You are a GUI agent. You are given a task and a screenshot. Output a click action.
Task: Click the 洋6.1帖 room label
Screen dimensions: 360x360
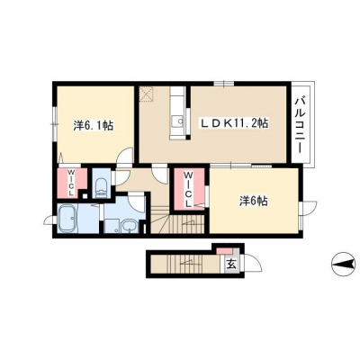click(94, 126)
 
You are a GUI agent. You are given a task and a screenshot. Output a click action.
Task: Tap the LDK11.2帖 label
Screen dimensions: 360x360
click(234, 122)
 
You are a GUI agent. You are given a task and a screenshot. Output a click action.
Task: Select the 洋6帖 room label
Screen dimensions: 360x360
click(254, 202)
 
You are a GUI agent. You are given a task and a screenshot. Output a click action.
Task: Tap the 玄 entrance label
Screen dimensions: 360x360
click(231, 264)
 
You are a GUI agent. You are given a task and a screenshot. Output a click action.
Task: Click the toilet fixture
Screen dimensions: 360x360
click(102, 188)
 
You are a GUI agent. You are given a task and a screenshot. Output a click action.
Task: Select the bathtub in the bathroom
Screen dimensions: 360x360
click(67, 219)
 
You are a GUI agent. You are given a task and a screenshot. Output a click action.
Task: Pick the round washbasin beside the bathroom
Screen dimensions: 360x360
click(130, 226)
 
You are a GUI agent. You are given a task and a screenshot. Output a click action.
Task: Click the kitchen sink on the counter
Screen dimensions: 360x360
click(179, 121)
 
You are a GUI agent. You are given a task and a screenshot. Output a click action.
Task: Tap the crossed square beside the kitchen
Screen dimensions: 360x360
click(147, 94)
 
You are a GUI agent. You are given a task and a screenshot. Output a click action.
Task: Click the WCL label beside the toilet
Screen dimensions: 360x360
click(71, 183)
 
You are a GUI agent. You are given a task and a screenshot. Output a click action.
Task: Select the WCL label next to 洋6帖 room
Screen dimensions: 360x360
click(188, 189)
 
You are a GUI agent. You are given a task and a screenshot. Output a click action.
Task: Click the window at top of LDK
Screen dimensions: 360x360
click(223, 84)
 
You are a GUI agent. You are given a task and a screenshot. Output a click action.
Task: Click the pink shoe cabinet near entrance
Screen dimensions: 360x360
click(225, 251)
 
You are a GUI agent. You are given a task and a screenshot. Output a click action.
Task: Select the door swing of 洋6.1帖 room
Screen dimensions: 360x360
click(124, 156)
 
